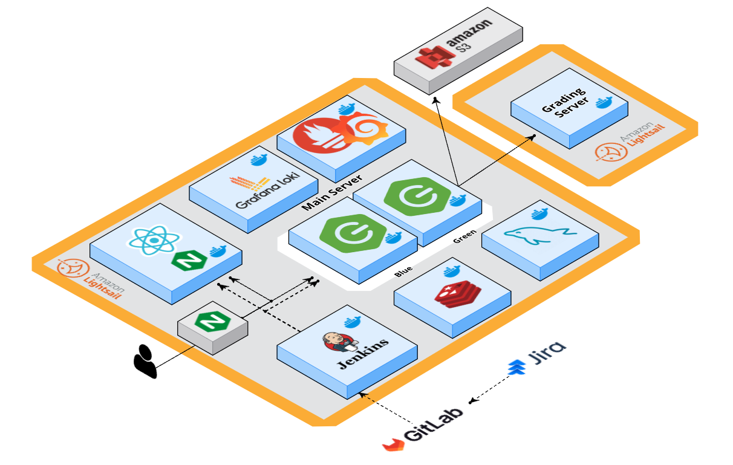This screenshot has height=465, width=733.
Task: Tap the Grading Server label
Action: (563, 103)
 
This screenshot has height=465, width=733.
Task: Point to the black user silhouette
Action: (145, 361)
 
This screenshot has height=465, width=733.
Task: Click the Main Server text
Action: (332, 192)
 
